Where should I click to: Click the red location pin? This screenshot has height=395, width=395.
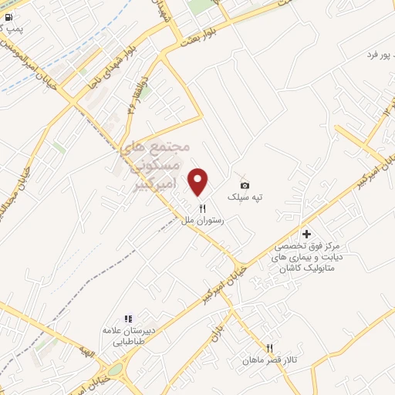pyautogui.click(x=198, y=181)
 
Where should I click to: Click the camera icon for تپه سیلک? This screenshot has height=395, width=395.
pyautogui.click(x=245, y=185)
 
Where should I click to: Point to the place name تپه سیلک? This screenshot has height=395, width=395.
pyautogui.click(x=244, y=197)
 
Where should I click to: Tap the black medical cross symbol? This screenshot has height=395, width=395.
pyautogui.click(x=306, y=234)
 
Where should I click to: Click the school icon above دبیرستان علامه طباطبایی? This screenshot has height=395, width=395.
pyautogui.click(x=129, y=319)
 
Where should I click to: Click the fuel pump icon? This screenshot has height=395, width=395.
pyautogui.click(x=8, y=16)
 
